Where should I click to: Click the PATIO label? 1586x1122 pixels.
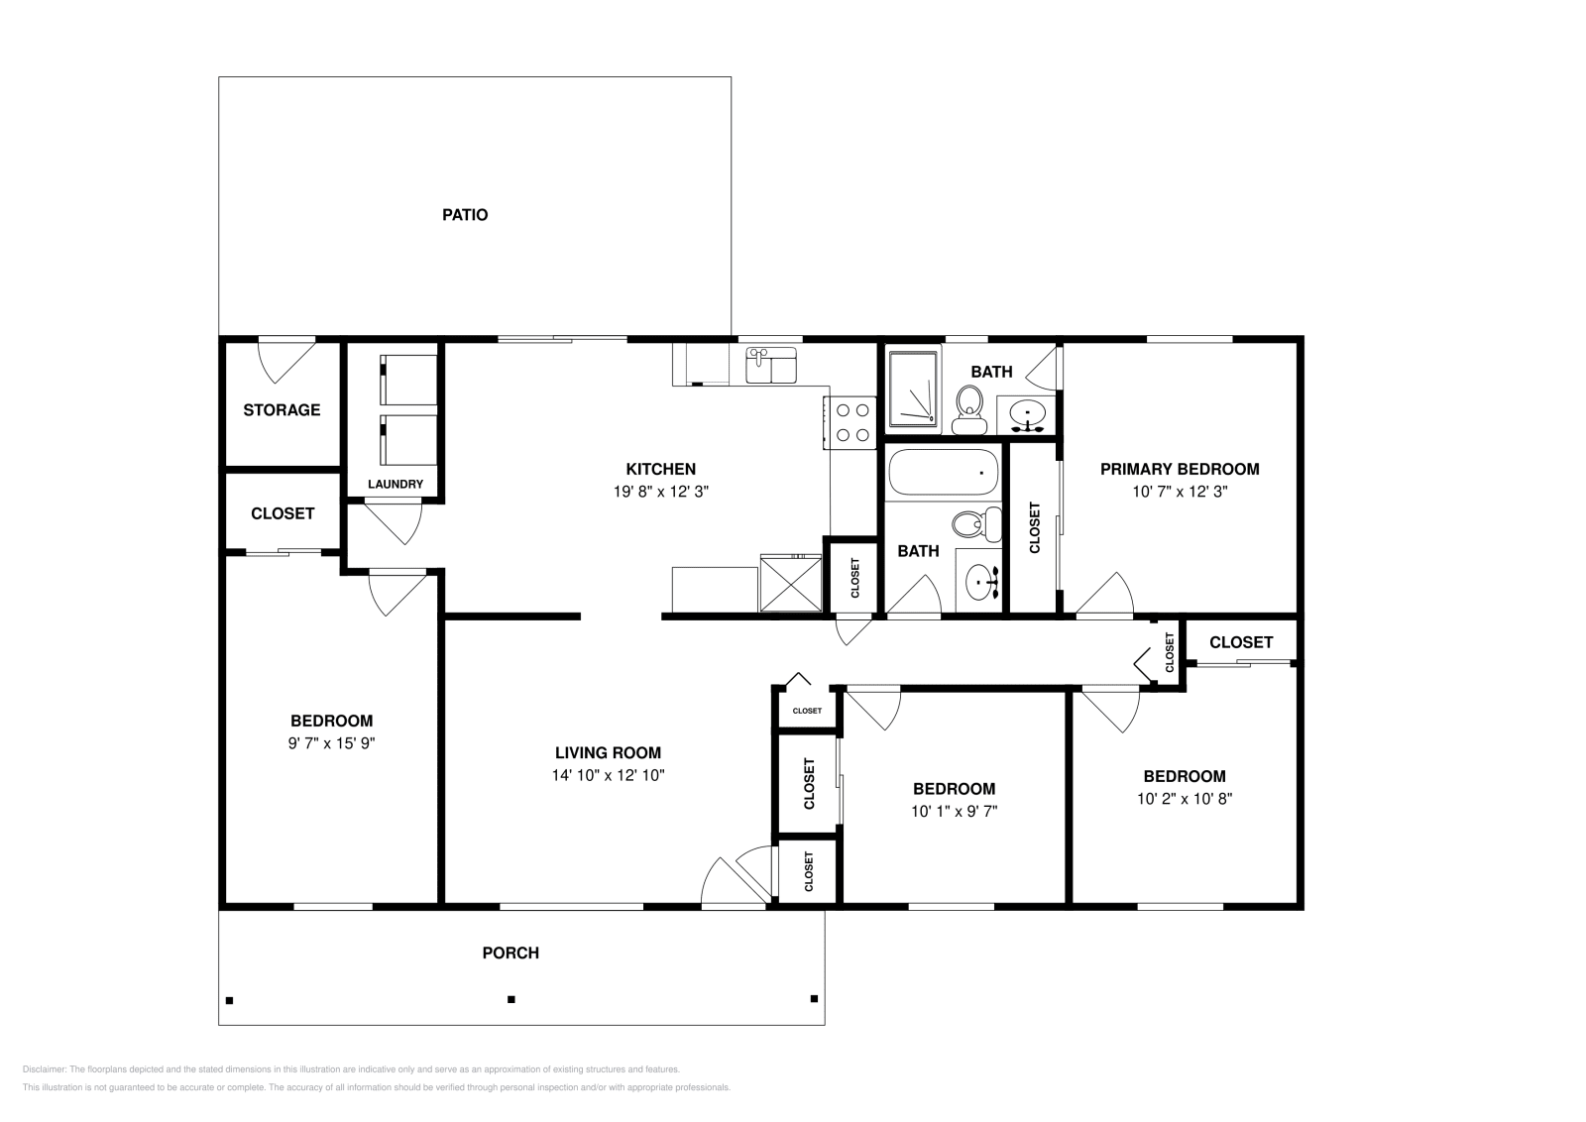[x=465, y=215]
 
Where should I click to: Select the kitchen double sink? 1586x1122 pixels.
[x=771, y=365]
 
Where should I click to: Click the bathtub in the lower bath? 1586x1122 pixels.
[x=943, y=473]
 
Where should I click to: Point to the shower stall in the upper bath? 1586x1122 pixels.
[x=912, y=389]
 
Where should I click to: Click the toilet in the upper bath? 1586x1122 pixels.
[x=968, y=408]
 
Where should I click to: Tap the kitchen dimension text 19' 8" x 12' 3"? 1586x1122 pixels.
[x=660, y=491]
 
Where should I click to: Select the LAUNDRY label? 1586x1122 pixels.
[x=396, y=485]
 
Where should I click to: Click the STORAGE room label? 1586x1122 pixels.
[x=282, y=409]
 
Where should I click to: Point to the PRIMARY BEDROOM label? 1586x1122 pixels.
[x=1180, y=469]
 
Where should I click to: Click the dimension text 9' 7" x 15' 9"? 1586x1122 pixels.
[x=331, y=742]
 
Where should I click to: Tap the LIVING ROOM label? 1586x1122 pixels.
[x=608, y=752]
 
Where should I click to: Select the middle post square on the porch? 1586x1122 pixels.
[x=511, y=999]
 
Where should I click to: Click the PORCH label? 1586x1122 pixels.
[x=510, y=954]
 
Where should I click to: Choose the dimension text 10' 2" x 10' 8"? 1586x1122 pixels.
[x=1184, y=798]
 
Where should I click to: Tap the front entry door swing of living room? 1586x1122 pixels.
[x=734, y=877]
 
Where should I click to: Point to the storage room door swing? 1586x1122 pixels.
[x=285, y=359]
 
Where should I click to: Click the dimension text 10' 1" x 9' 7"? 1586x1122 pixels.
[x=954, y=811]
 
